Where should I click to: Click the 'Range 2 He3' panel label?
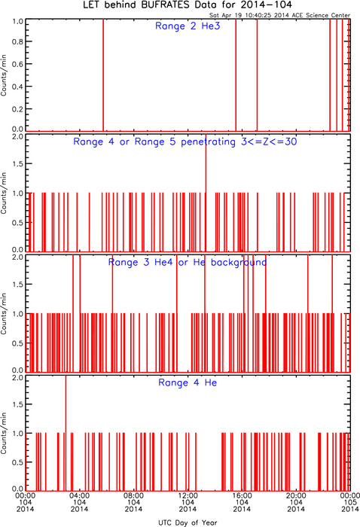coord(188,26)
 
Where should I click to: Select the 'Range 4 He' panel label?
coord(188,382)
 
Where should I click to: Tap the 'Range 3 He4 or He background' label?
coord(188,262)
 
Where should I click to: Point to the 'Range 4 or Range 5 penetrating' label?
coord(154,142)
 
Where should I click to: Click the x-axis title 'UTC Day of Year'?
coord(188,522)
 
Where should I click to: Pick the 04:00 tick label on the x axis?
coord(80,495)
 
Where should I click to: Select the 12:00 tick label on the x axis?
coord(188,495)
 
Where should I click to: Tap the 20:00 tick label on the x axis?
coord(296,495)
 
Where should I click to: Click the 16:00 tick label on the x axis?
coord(242,495)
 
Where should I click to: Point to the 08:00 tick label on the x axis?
coord(134,495)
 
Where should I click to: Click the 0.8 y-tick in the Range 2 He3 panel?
coord(17,41)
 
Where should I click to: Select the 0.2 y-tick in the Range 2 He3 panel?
coord(17,109)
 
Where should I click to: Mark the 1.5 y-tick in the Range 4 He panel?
coord(17,404)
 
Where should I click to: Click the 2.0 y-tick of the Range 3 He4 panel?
coord(17,257)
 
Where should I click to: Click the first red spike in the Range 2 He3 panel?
coord(103,75)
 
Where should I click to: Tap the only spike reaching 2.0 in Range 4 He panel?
coord(66,433)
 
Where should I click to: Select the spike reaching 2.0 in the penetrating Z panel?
coord(206,193)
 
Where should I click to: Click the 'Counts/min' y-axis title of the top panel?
coord(4,75)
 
